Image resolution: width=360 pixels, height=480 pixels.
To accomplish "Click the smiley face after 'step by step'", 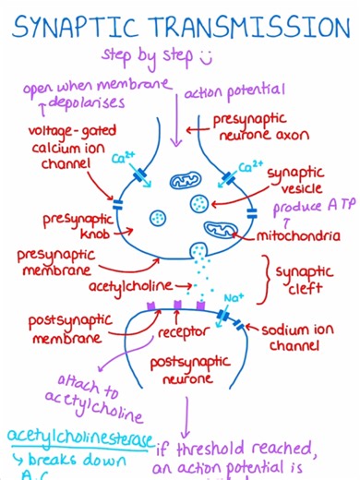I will point(206,57).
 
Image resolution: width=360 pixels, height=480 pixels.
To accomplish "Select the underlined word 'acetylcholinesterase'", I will point(78,435).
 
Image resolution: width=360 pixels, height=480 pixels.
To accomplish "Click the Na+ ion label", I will point(233,296).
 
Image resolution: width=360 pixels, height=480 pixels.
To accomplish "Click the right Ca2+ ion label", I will point(250,167).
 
